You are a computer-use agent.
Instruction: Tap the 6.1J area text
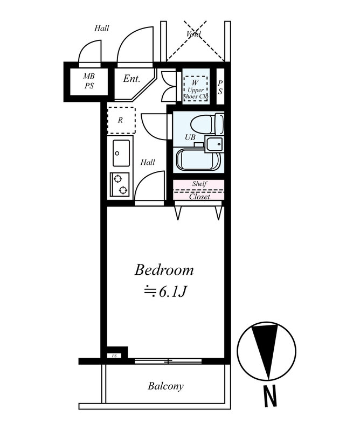(x=166, y=292)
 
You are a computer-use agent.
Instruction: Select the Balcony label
(x=165, y=386)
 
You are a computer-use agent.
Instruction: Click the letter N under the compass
(x=270, y=396)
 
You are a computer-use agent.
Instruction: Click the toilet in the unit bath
(x=207, y=124)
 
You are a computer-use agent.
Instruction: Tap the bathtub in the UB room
(x=198, y=159)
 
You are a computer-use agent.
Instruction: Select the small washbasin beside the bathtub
(x=214, y=144)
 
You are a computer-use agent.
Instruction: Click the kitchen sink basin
(x=121, y=153)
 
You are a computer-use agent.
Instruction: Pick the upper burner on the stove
(x=117, y=179)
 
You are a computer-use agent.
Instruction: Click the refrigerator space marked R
(x=121, y=120)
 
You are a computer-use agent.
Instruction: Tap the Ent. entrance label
(x=131, y=79)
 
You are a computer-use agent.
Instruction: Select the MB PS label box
(x=89, y=81)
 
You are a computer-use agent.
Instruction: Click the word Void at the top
(x=193, y=34)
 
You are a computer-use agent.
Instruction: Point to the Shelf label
(x=199, y=184)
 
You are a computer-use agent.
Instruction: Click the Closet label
(x=199, y=197)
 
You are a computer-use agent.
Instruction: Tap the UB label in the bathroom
(x=190, y=137)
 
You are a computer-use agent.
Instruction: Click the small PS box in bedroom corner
(x=114, y=356)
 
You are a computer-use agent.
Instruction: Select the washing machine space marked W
(x=195, y=89)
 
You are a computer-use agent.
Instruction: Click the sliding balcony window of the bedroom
(x=168, y=361)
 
